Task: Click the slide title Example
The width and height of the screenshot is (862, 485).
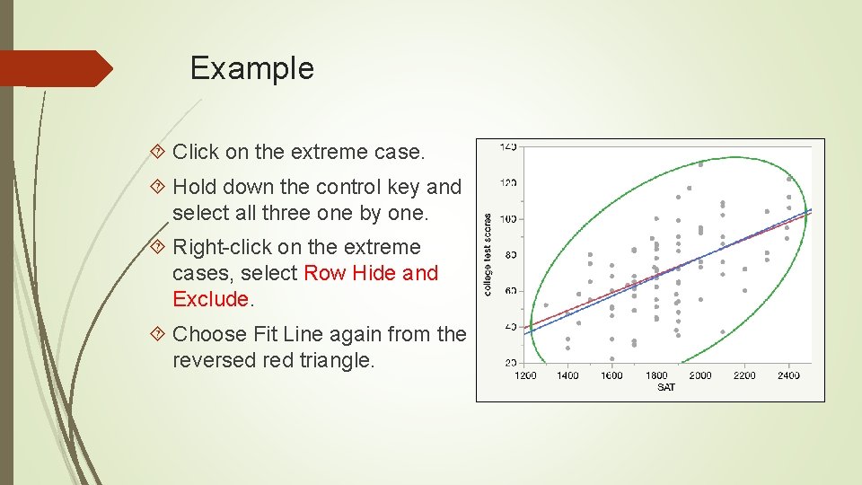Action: coord(251,68)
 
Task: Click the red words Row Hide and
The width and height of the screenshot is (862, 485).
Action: coord(371,273)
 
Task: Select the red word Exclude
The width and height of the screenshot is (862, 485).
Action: coord(210,299)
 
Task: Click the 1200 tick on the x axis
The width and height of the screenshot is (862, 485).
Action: coord(525,375)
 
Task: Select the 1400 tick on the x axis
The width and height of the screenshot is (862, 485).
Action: coord(568,375)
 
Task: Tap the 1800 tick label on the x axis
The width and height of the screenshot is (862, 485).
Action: coord(657,375)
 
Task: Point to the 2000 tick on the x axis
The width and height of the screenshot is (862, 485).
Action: coord(700,375)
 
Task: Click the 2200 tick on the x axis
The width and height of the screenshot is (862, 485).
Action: coord(744,375)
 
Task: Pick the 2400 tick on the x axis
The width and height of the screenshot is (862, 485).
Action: coord(788,375)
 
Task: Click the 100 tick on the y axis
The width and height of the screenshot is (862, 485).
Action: coord(508,219)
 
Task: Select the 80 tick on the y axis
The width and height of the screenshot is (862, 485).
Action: coord(510,255)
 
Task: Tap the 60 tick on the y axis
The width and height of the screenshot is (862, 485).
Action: coord(510,291)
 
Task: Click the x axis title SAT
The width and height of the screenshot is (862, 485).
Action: coord(666,387)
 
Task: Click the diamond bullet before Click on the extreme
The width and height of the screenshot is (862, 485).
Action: coord(160,153)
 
